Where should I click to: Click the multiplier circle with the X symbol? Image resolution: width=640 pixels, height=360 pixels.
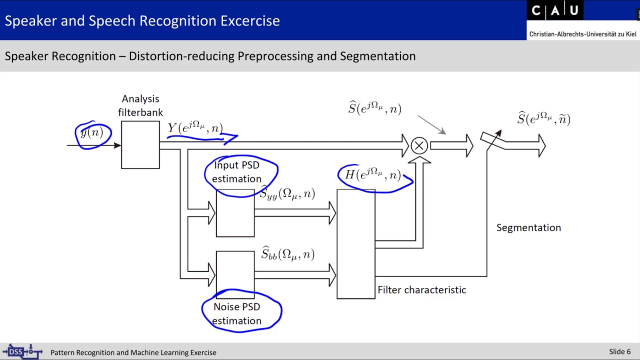click(x=419, y=145)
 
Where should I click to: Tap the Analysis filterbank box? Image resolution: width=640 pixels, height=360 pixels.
click(x=140, y=145)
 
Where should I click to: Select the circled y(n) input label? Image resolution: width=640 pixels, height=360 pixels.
click(x=92, y=133)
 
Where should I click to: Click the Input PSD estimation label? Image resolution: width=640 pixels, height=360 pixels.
click(x=237, y=172)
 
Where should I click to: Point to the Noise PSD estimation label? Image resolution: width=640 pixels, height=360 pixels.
click(x=237, y=313)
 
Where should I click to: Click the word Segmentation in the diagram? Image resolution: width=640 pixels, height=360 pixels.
click(x=528, y=227)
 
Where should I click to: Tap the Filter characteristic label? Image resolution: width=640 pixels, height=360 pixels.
click(x=421, y=290)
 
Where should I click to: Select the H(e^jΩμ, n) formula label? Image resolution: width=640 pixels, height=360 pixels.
click(x=373, y=175)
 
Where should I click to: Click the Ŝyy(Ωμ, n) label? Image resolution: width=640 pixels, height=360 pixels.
click(x=287, y=193)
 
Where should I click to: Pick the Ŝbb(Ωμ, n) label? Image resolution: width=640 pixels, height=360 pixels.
click(x=288, y=254)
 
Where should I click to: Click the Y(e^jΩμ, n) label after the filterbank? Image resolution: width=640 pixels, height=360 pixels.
click(x=195, y=128)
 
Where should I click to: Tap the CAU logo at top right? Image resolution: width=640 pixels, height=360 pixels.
click(x=554, y=11)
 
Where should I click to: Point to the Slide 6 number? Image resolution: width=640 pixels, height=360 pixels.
click(x=619, y=351)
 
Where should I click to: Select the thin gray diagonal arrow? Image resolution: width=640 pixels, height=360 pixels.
click(x=431, y=124)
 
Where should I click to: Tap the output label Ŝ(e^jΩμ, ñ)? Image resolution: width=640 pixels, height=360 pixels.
click(x=543, y=119)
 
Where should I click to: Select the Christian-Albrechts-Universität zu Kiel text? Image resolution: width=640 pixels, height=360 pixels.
click(x=582, y=34)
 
